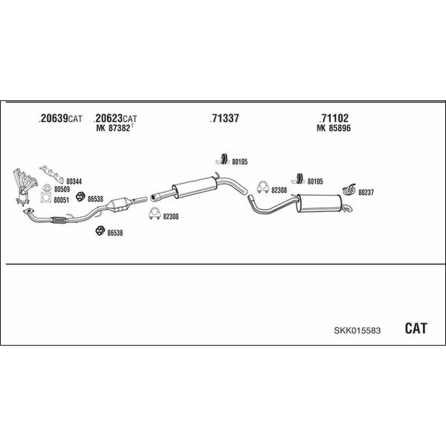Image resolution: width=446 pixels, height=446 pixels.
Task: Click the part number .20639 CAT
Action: click(x=60, y=118)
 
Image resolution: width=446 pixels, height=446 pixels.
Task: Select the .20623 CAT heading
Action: click(x=115, y=118)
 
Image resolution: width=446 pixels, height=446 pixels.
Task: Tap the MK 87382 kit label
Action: click(x=114, y=128)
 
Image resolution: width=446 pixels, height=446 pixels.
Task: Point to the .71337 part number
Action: click(x=224, y=118)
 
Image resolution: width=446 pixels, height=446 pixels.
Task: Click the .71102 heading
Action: click(x=334, y=118)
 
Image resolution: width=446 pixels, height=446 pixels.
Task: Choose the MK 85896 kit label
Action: click(x=334, y=128)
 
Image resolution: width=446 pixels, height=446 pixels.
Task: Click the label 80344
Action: click(x=74, y=181)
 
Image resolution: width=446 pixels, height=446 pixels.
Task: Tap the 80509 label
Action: click(x=62, y=189)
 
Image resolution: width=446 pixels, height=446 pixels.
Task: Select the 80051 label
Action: click(x=62, y=200)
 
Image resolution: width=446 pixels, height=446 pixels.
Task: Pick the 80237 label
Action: click(x=366, y=193)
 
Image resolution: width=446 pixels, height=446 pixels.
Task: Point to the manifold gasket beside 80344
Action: click(x=52, y=174)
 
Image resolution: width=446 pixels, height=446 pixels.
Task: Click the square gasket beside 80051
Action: click(x=46, y=198)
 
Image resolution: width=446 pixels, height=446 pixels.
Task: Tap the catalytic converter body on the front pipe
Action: click(x=118, y=205)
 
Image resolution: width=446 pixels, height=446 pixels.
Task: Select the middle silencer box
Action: click(x=195, y=187)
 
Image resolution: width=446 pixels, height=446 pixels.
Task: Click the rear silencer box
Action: click(x=319, y=204)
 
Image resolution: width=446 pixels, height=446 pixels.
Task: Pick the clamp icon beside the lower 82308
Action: click(x=155, y=214)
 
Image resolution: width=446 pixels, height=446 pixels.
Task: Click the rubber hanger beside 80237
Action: click(x=349, y=190)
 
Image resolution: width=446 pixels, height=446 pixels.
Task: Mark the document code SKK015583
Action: click(x=358, y=331)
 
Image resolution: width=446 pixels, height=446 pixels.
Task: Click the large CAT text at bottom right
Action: click(x=416, y=329)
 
